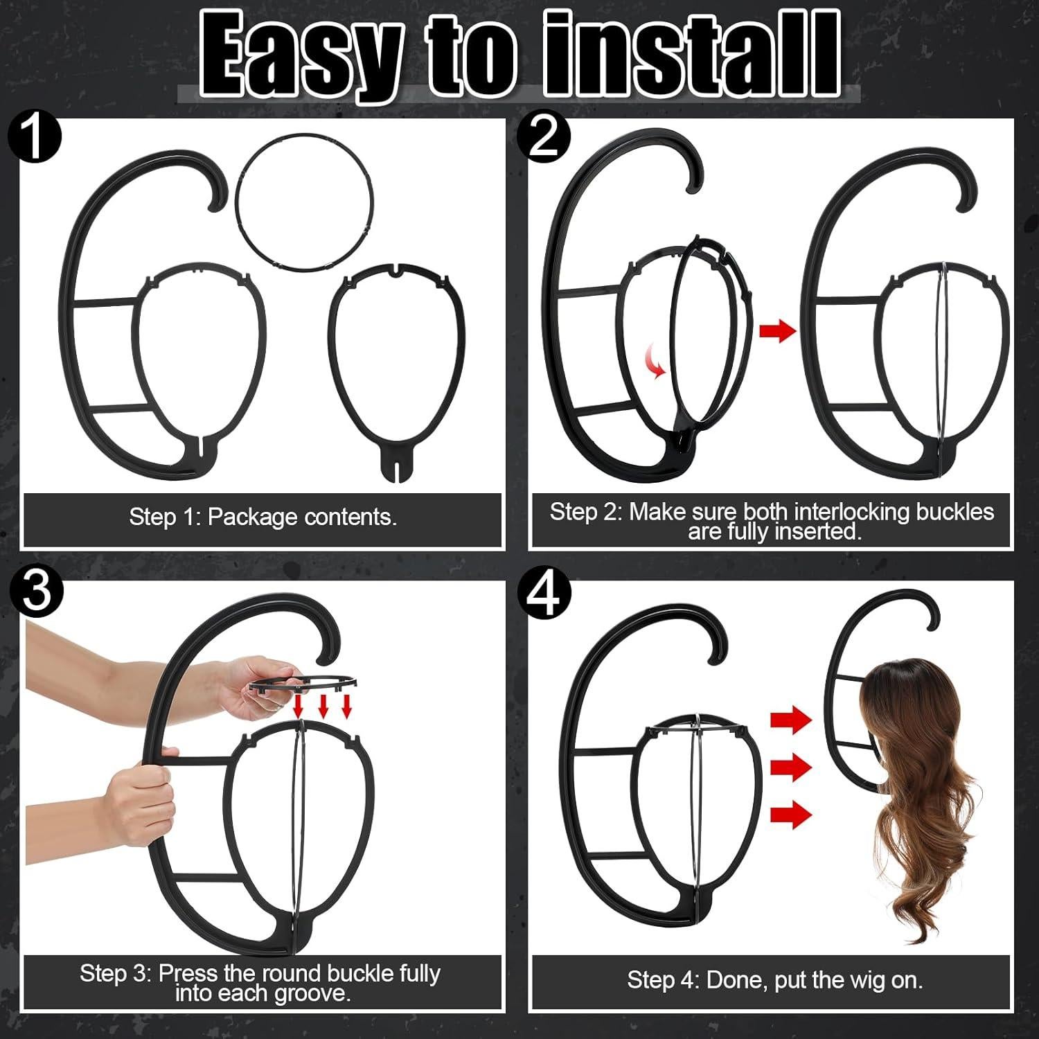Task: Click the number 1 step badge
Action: (35, 138)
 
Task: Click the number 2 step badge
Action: (544, 138)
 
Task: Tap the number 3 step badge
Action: (37, 593)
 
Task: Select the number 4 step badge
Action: (545, 593)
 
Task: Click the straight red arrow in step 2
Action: (778, 331)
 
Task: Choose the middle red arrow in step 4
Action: (791, 767)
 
